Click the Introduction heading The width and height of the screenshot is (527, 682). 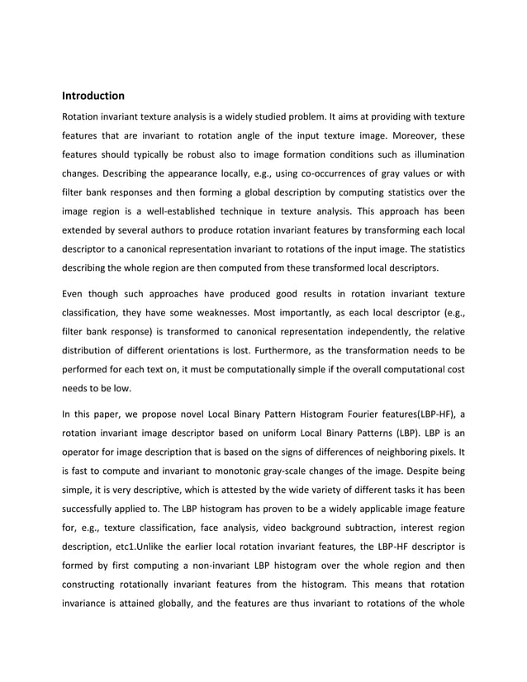(93, 96)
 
